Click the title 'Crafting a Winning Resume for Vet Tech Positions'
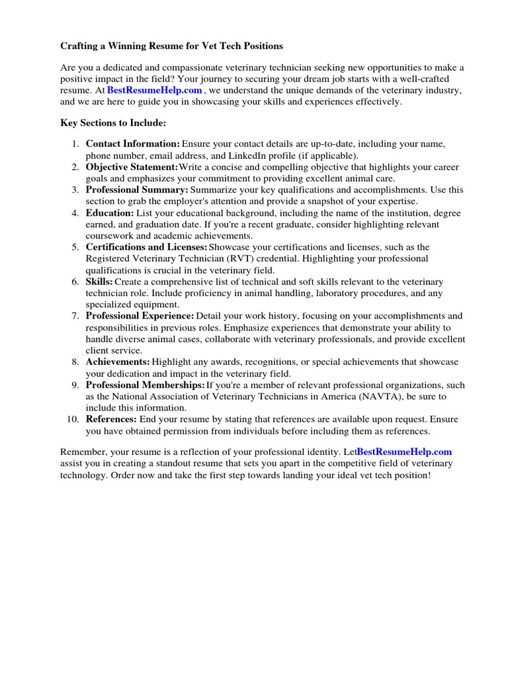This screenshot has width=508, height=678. pyautogui.click(x=172, y=46)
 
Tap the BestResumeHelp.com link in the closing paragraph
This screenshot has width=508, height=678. pyautogui.click(x=404, y=452)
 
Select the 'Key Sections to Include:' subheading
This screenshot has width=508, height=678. pyautogui.click(x=114, y=123)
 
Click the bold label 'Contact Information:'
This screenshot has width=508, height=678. pyautogui.click(x=133, y=144)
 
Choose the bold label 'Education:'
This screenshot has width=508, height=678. pyautogui.click(x=110, y=213)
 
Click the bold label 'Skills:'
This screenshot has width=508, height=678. pyautogui.click(x=99, y=281)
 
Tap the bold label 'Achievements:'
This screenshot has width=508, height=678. pyautogui.click(x=118, y=362)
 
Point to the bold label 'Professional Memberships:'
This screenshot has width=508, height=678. pyautogui.click(x=146, y=385)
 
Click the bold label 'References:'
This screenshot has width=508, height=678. pyautogui.click(x=112, y=419)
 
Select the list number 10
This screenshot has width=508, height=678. pyautogui.click(x=73, y=419)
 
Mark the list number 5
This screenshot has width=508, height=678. pyautogui.click(x=75, y=247)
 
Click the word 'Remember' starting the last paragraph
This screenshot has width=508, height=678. pyautogui.click(x=84, y=452)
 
